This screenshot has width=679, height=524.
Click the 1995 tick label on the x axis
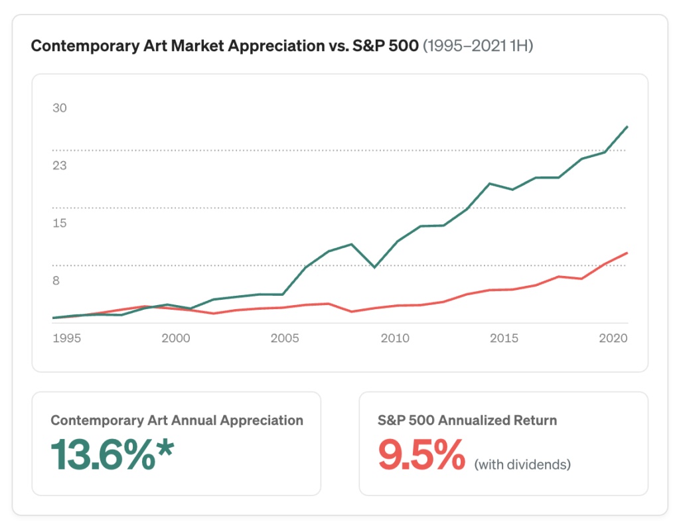click(x=66, y=338)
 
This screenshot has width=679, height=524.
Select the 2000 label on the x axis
click(x=176, y=338)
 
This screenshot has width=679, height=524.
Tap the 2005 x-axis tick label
click(x=285, y=338)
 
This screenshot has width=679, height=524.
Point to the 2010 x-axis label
click(x=395, y=338)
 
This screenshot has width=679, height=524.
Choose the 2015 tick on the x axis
click(x=504, y=338)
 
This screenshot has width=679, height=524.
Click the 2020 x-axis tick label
click(x=613, y=338)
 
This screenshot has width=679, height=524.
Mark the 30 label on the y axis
click(x=60, y=108)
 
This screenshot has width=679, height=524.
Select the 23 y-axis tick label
click(x=60, y=166)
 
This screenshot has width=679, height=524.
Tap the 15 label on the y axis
click(x=60, y=223)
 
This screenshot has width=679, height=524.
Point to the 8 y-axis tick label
click(x=56, y=281)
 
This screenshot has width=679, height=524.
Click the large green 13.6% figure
click(x=103, y=455)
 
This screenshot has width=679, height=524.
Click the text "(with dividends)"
click(x=522, y=464)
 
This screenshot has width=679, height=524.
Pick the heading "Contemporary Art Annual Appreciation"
click(x=177, y=421)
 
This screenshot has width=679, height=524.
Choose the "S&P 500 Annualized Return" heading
click(x=467, y=421)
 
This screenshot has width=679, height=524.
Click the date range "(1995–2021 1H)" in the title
click(x=478, y=47)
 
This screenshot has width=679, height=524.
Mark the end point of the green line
click(x=627, y=126)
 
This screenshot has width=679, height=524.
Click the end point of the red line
click(x=627, y=253)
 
